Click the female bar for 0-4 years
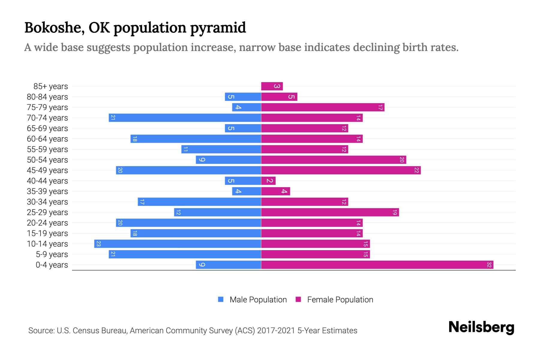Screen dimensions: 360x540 tap(377, 265)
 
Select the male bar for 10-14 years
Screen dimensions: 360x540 tap(178, 244)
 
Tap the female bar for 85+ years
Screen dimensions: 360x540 tap(272, 86)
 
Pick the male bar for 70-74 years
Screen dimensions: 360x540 tap(185, 118)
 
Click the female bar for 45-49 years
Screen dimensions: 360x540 tap(341, 170)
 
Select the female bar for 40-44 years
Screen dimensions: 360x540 tap(268, 181)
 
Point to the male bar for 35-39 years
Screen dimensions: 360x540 tap(247, 191)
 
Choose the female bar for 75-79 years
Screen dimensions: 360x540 tap(323, 107)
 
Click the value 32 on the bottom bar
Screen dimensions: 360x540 tap(489, 265)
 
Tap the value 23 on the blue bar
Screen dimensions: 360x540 tap(98, 244)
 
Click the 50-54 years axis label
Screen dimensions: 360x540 tap(47, 160)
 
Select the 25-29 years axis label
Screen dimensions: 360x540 tap(47, 212)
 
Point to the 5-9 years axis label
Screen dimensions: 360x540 tap(52, 254)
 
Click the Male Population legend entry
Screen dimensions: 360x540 tap(258, 300)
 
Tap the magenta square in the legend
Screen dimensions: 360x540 tap(298, 299)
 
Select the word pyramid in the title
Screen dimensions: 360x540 tap(218, 28)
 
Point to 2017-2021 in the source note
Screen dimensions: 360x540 tap(276, 331)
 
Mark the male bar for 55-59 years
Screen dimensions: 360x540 tap(221, 149)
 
